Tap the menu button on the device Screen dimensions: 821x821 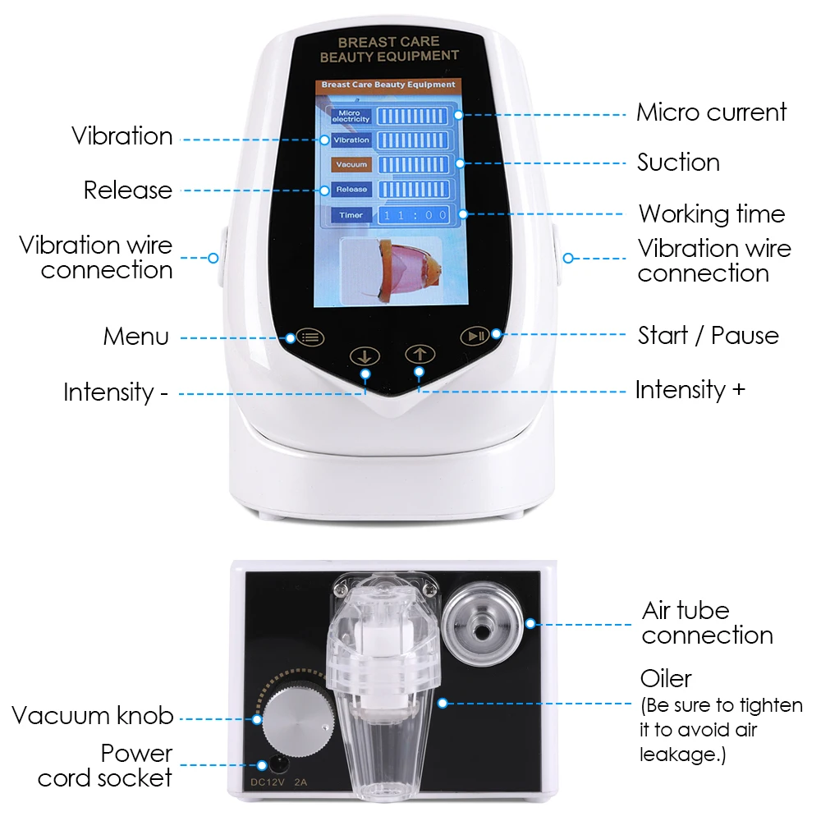[310, 337]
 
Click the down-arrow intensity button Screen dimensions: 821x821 [365, 357]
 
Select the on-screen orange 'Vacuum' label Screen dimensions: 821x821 [351, 165]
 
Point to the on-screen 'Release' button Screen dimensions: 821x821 [351, 190]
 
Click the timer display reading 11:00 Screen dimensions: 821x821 [412, 215]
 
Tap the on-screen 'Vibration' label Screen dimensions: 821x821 [351, 140]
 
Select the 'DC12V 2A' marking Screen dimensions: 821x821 [279, 782]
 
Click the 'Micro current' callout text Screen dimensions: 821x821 [711, 112]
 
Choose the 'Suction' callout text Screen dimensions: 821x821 [678, 163]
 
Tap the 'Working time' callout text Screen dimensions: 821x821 [712, 214]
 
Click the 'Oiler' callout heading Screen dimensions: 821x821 [666, 679]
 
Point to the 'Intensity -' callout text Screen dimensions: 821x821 [116, 392]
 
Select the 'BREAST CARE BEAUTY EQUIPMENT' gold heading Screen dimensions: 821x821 [389, 48]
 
